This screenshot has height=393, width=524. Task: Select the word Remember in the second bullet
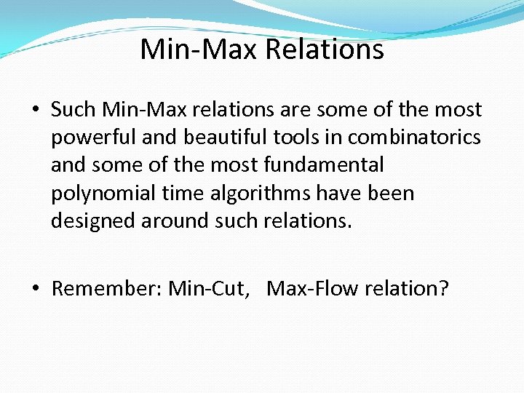coord(105,289)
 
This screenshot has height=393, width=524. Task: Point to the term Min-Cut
coord(214,289)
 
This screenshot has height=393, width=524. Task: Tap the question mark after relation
coord(443,289)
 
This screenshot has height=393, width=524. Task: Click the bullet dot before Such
coord(36,111)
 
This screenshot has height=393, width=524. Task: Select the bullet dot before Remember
coord(36,290)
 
